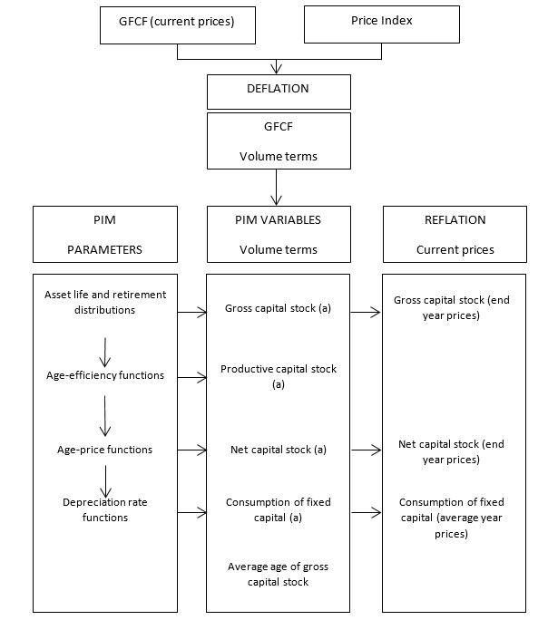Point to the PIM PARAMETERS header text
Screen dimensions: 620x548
pyautogui.click(x=103, y=234)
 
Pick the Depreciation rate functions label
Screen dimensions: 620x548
pyautogui.click(x=107, y=509)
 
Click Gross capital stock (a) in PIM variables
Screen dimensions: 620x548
pyautogui.click(x=278, y=309)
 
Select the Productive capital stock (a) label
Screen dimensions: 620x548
pyautogui.click(x=278, y=376)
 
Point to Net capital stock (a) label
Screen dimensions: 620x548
pyautogui.click(x=278, y=449)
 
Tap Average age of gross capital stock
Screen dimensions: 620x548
pyautogui.click(x=278, y=574)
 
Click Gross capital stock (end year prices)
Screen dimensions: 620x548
pyautogui.click(x=451, y=306)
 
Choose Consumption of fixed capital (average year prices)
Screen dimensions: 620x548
pyautogui.click(x=451, y=518)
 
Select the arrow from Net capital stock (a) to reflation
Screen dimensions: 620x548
pyautogui.click(x=366, y=449)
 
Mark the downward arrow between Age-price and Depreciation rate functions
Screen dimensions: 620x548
pyautogui.click(x=107, y=480)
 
